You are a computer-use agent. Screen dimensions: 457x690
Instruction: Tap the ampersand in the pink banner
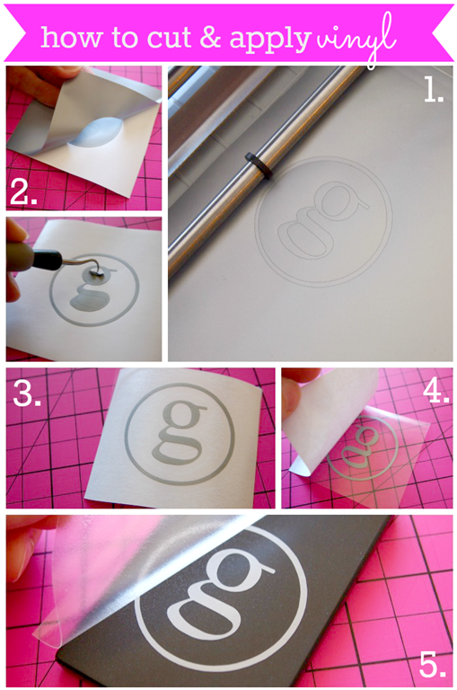(x=210, y=37)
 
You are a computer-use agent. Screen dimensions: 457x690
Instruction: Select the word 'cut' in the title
(x=169, y=38)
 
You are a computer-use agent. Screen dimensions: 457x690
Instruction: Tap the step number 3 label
(x=26, y=393)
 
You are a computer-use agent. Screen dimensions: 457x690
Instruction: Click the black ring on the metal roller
(x=259, y=166)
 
